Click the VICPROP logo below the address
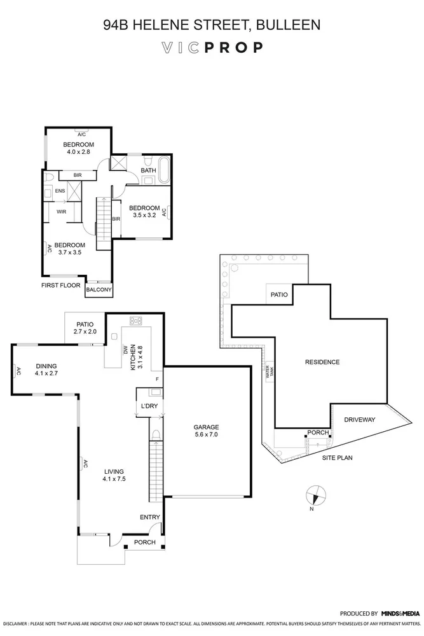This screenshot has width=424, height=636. point(212,48)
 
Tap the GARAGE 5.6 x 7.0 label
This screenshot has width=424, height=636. point(207,431)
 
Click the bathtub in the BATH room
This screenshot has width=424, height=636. point(164,170)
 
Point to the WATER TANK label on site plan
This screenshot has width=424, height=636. point(269,372)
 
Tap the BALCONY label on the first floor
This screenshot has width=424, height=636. point(99,290)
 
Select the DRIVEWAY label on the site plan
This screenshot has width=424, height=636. point(360,420)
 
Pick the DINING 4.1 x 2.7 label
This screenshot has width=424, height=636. point(46,370)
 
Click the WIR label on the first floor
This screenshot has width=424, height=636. point(62,211)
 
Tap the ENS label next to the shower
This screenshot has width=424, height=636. point(60,190)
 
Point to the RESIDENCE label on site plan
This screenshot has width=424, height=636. point(322,362)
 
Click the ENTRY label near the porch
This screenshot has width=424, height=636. point(150,517)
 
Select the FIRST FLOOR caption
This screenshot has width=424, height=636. point(61,286)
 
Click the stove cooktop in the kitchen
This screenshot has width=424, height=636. point(135,321)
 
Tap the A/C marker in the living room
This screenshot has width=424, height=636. point(83,465)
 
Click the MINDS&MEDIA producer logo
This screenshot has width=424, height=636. point(400,613)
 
